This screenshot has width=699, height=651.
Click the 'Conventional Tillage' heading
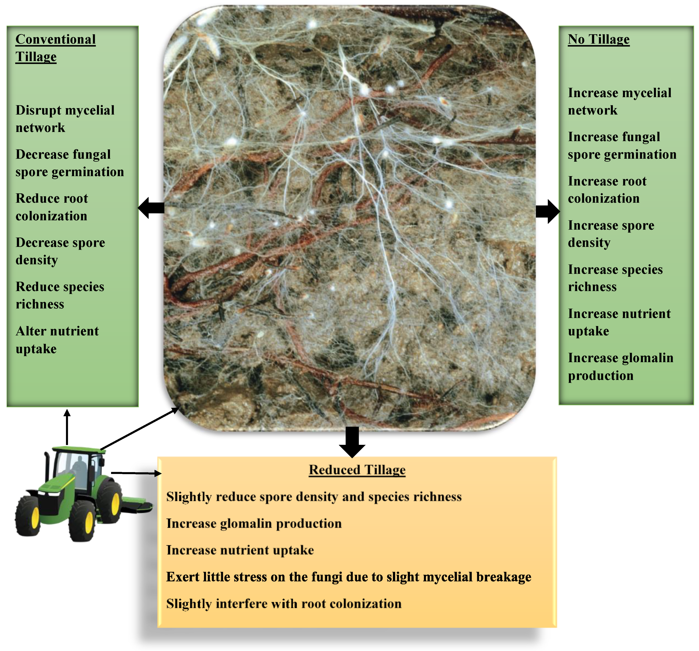[55, 48]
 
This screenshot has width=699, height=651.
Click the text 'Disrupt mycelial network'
[65, 119]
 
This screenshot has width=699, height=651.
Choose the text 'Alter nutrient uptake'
[57, 339]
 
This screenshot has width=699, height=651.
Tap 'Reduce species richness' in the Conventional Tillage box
[60, 295]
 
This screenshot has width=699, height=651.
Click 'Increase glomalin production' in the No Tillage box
[620, 367]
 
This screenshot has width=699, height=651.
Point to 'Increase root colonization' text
[607, 190]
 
